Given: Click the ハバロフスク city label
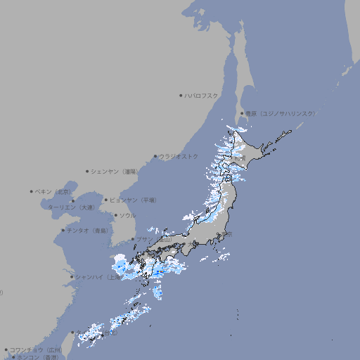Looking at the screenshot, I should (202, 96).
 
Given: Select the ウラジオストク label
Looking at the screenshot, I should (179, 156).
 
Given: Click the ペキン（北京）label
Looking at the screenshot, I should (53, 191).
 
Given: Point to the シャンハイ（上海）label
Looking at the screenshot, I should (97, 277).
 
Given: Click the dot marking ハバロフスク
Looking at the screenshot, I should (181, 96).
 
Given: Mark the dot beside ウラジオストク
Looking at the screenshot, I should (155, 156).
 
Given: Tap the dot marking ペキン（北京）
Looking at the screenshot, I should (32, 191).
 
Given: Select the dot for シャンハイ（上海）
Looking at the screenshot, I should (72, 277).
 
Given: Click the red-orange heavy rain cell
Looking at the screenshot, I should (160, 271).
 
